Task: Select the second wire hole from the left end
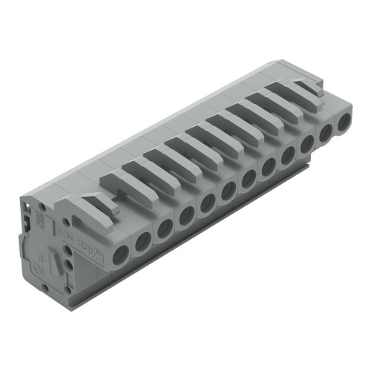click(142, 240)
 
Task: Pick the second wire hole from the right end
click(326, 134)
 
